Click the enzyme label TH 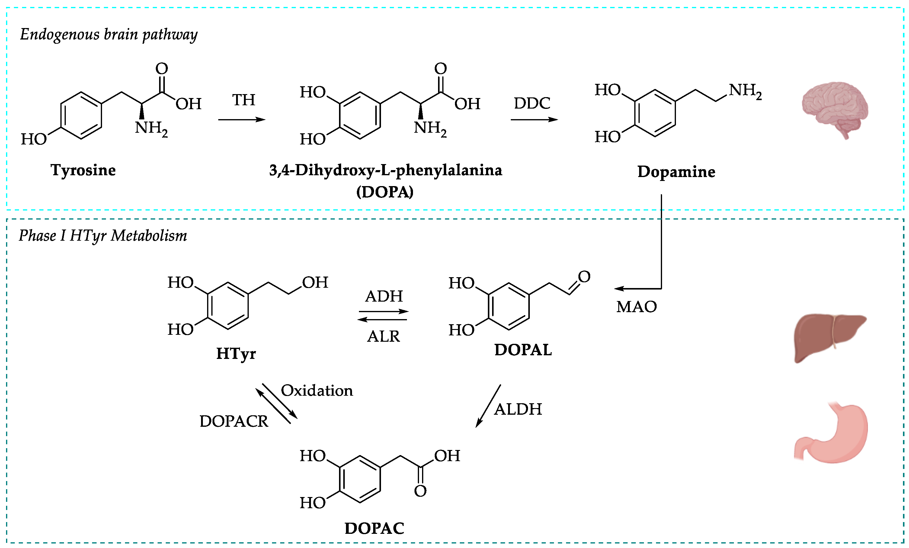tap(244, 100)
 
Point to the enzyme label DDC tap(532, 103)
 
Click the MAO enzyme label tap(636, 307)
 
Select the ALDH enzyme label tap(518, 409)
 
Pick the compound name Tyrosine tap(83, 170)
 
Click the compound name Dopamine tap(676, 171)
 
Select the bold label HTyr tap(236, 354)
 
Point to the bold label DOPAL tap(523, 350)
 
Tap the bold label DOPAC tap(374, 528)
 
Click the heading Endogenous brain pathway tap(108, 35)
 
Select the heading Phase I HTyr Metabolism tap(103, 236)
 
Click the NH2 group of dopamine tap(745, 91)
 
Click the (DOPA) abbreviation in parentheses tap(385, 192)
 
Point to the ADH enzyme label tap(384, 296)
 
